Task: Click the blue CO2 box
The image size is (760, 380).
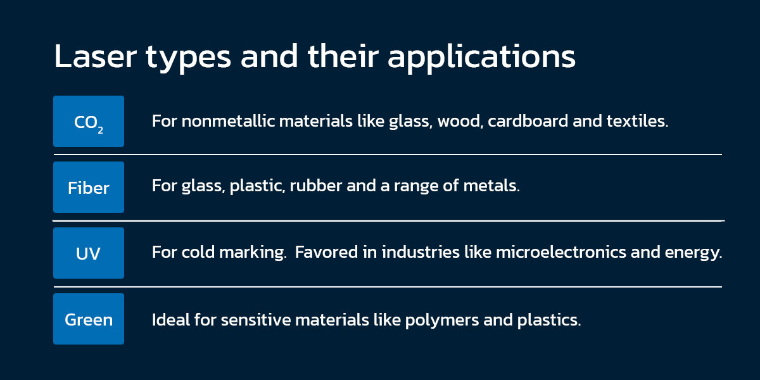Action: click(89, 121)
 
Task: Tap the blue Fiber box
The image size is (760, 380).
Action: click(89, 187)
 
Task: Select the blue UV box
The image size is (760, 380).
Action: click(89, 253)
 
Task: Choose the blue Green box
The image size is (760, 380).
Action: click(89, 319)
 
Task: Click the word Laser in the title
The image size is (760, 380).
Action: click(96, 56)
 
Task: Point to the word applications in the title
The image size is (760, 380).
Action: click(481, 58)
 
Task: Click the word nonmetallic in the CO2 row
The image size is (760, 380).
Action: click(229, 121)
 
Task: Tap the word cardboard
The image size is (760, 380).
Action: click(528, 121)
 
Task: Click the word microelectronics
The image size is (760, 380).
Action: click(561, 252)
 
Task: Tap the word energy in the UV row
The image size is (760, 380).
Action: click(693, 253)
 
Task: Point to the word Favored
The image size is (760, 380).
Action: click(326, 252)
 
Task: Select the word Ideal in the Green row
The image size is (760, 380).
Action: click(170, 320)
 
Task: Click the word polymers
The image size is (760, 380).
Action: click(442, 321)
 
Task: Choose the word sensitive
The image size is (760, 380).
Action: click(256, 320)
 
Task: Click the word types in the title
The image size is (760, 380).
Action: click(189, 58)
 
